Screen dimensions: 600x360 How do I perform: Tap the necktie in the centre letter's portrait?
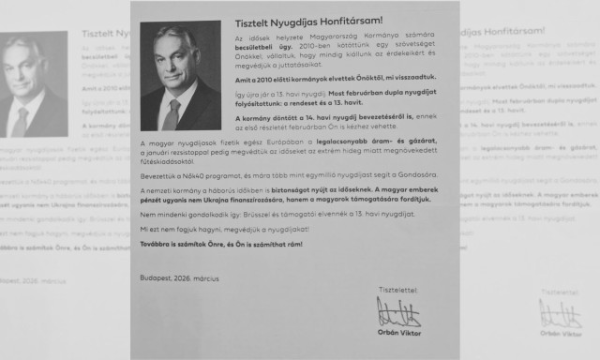(x=172, y=113)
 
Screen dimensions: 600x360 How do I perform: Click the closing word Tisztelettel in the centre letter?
(x=397, y=289)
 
